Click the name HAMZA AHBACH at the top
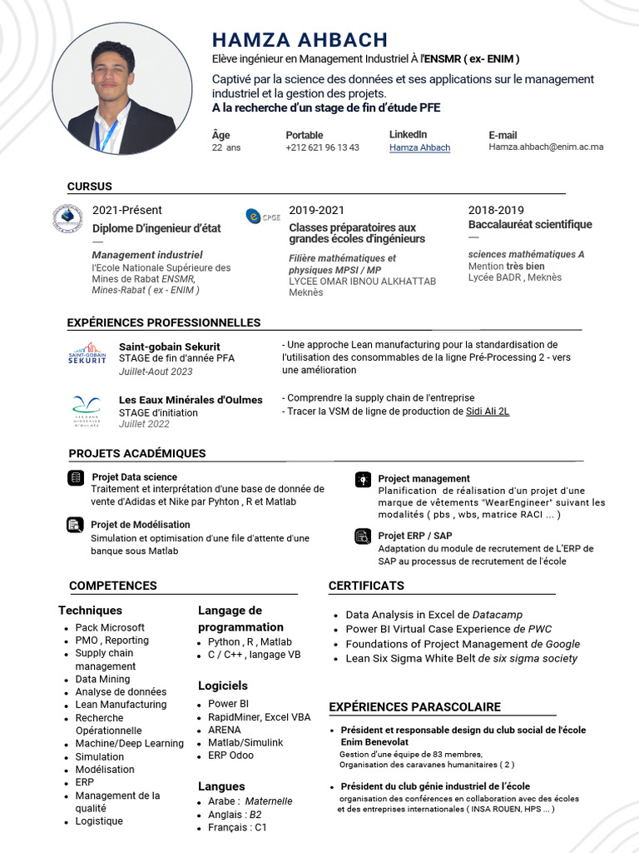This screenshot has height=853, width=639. coord(300,39)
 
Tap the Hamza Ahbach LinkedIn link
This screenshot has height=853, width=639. coord(419,147)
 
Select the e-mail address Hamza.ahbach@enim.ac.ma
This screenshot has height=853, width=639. coord(546,147)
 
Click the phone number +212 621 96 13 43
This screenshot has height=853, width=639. coord(322,147)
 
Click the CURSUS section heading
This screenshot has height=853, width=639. coord(89,187)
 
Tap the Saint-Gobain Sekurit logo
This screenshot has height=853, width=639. coord(87,353)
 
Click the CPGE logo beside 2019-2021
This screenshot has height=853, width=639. coord(263,216)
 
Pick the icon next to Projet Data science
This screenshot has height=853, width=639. coord(76,477)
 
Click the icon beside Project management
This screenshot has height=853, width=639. coord(363,479)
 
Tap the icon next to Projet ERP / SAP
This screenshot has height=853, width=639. coord(363,536)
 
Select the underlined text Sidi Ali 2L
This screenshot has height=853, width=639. coord(487,412)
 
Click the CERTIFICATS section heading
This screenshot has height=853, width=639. coord(366,586)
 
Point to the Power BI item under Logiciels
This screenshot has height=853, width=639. coord(222,704)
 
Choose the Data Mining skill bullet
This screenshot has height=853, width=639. coord(102,679)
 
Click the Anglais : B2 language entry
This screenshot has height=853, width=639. coord(235,815)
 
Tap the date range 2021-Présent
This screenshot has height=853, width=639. coord(127,210)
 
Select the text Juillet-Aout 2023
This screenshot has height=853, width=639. coord(156,372)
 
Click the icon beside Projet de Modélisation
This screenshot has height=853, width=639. coord(76,525)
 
